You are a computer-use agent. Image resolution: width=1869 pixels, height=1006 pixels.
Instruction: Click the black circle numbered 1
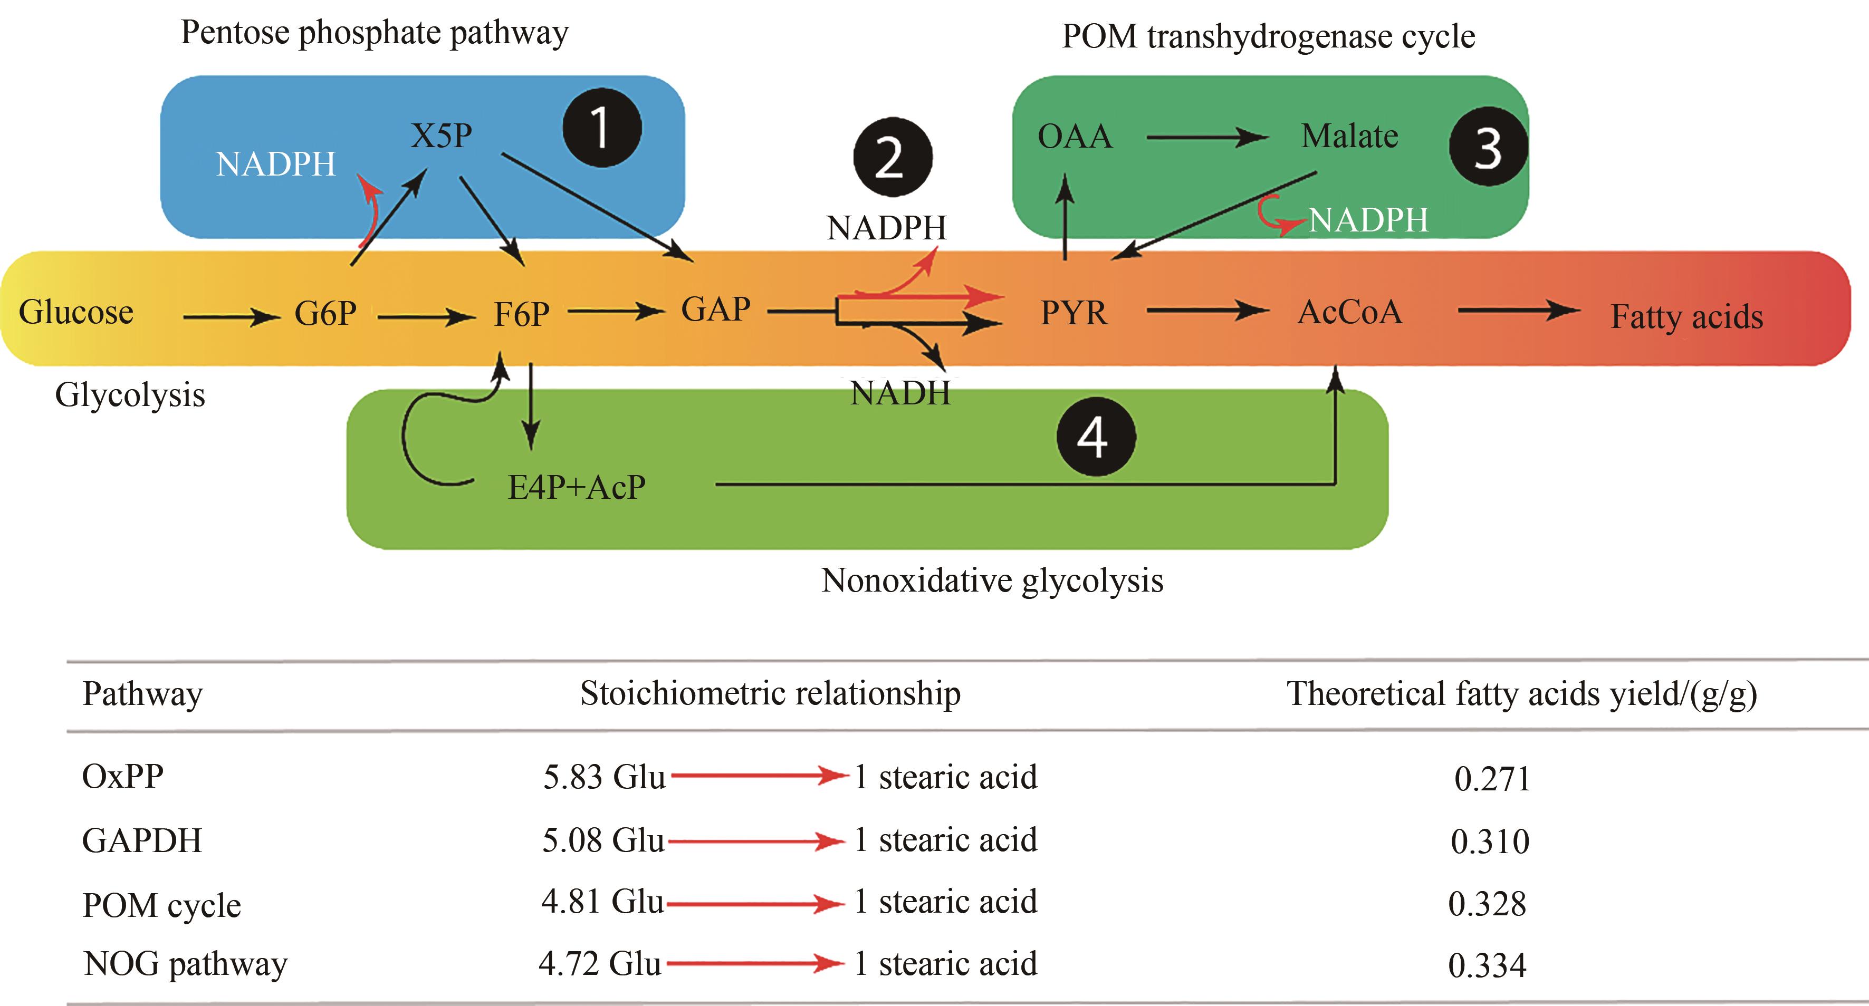pos(601,128)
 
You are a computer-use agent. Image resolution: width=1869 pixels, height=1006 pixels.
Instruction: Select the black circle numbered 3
pos(1488,147)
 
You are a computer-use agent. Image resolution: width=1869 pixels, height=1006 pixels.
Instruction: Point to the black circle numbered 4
pos(1095,437)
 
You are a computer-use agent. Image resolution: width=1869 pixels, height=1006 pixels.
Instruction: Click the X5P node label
pos(441,136)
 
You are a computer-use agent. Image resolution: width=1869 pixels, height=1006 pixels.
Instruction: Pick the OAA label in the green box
pos(1075,137)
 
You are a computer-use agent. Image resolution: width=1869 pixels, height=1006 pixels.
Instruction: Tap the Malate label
pos(1349,137)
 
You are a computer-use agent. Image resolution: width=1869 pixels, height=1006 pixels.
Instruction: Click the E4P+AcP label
pos(576,487)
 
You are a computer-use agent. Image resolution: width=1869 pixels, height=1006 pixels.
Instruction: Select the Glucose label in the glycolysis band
pos(76,313)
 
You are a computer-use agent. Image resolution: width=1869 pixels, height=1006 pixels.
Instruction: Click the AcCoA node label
pos(1349,313)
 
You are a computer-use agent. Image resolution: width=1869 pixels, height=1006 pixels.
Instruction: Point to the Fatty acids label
pos(1686,317)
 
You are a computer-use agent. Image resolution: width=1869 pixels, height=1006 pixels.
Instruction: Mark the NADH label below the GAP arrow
pos(899,394)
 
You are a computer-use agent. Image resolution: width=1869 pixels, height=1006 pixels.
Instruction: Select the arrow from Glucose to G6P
pos(231,317)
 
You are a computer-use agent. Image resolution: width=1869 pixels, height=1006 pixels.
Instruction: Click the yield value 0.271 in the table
pos(1492,779)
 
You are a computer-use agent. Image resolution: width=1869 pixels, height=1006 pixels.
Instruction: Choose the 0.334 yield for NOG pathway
pos(1487,965)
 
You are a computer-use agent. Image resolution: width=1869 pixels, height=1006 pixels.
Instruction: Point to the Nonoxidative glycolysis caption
pos(992,581)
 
